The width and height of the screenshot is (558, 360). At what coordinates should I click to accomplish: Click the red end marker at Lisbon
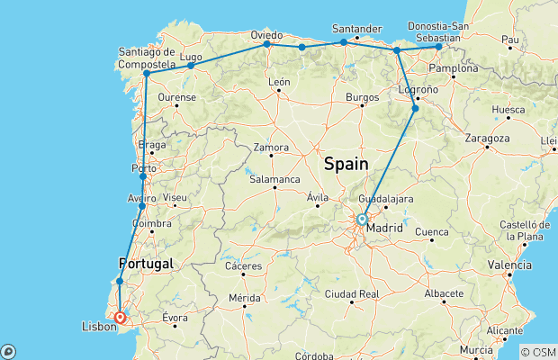(x=120, y=317)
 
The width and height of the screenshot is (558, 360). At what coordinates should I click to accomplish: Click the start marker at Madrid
(x=362, y=219)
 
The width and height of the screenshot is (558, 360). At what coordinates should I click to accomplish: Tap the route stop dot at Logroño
(x=415, y=109)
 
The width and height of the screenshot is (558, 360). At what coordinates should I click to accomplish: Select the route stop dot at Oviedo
(x=267, y=44)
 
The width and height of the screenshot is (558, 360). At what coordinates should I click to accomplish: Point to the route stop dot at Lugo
(x=191, y=66)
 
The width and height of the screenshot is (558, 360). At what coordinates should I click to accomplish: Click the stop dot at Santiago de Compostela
(x=147, y=73)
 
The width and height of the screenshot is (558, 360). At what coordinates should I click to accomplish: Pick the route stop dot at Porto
(x=143, y=176)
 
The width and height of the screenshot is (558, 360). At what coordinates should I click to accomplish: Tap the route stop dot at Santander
(x=344, y=42)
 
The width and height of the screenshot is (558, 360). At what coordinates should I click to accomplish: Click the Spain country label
(x=346, y=163)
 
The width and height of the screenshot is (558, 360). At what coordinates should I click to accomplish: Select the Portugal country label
(x=145, y=263)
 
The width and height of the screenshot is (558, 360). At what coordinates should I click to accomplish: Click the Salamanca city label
(x=274, y=179)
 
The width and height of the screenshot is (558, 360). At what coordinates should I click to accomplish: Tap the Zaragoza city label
(x=488, y=139)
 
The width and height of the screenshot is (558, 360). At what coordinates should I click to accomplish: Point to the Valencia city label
(x=509, y=265)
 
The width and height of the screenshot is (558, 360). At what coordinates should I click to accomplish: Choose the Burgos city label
(x=362, y=95)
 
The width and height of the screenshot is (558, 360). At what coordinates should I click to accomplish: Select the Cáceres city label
(x=245, y=266)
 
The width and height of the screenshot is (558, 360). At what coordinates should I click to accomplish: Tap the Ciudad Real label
(x=355, y=294)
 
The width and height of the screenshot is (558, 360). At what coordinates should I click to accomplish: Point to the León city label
(x=279, y=82)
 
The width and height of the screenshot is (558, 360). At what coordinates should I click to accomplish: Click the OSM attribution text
(x=539, y=351)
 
